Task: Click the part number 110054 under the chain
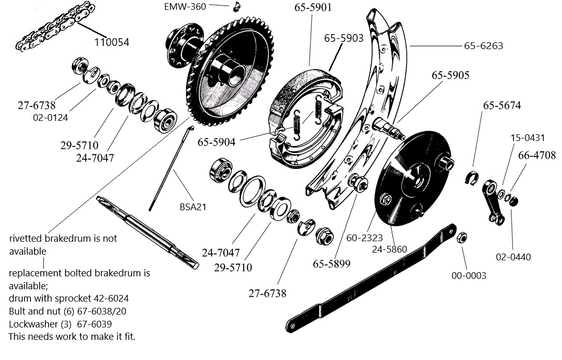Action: tap(111, 42)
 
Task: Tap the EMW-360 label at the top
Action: tap(185, 7)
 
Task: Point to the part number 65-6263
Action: tap(483, 46)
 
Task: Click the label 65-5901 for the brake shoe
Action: tap(313, 7)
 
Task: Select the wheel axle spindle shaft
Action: tap(147, 232)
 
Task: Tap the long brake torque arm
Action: tap(372, 279)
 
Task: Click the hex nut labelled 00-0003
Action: tap(462, 238)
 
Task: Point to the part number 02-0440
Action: tap(513, 257)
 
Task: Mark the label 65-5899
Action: tap(331, 263)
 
